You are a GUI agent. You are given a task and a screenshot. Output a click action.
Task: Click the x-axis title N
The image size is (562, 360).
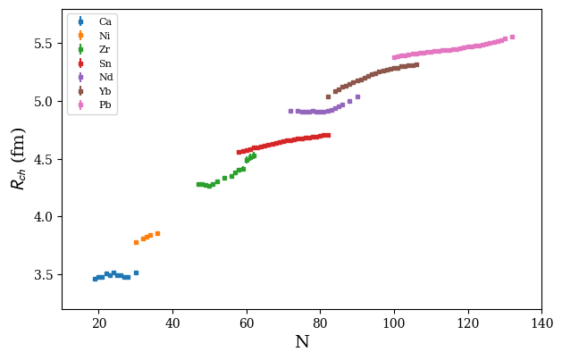(302, 343)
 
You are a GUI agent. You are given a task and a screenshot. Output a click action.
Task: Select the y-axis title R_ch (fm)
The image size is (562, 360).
(18, 159)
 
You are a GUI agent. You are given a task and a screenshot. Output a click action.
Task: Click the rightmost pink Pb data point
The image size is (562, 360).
(512, 37)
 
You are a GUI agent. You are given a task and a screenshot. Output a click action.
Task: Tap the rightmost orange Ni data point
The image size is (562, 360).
(157, 233)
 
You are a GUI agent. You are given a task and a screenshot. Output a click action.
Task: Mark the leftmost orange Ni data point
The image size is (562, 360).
(136, 242)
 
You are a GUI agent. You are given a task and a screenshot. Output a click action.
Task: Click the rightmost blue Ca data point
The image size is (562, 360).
(136, 272)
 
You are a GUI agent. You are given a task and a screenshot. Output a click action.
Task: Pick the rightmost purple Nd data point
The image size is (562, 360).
(357, 96)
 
